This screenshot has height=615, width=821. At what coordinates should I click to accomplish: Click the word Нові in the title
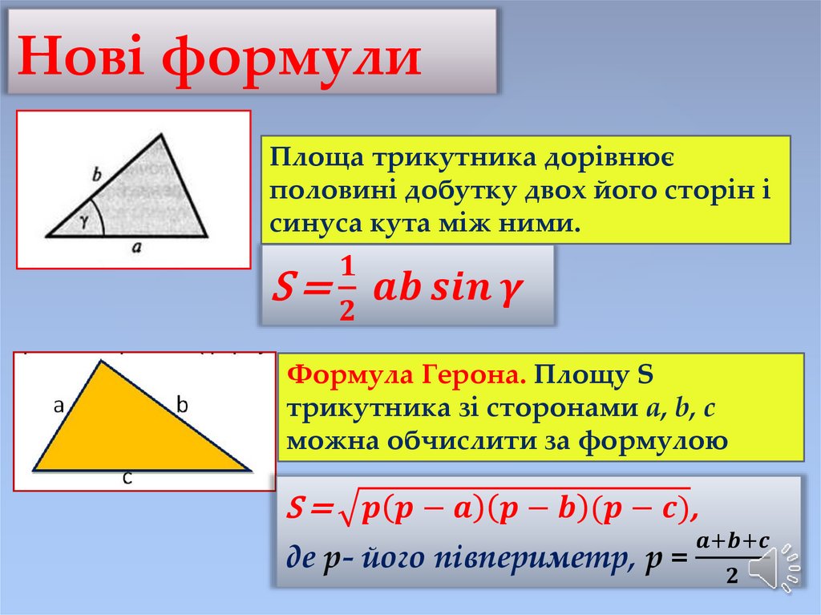(x=82, y=58)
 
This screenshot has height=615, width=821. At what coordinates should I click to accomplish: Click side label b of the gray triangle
(x=97, y=172)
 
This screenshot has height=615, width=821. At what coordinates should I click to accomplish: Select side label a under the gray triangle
(x=136, y=249)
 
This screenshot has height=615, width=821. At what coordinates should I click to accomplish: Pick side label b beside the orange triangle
(x=182, y=406)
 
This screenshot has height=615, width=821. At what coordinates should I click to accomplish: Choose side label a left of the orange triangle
(x=59, y=406)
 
